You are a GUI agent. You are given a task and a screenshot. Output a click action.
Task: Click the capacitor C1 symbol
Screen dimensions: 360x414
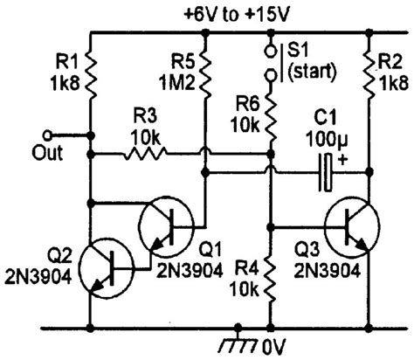(x=325, y=172)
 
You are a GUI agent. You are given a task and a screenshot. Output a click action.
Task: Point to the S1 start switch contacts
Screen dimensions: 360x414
(x=271, y=60)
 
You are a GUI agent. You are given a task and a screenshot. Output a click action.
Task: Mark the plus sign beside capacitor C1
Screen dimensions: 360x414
(x=342, y=159)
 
